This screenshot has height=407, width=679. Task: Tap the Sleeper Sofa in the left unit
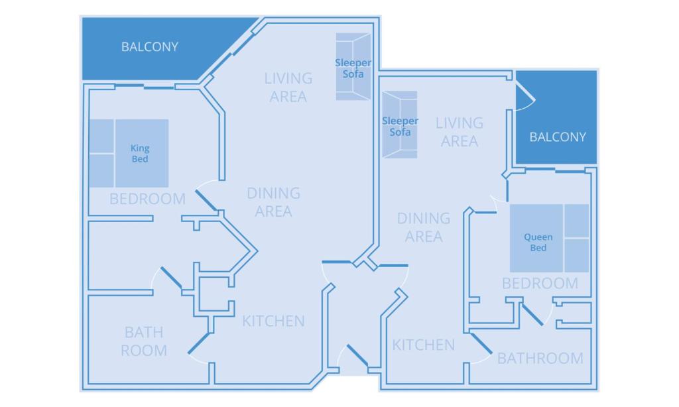pos(353,68)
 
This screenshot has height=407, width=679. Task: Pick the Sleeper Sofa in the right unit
pos(400,125)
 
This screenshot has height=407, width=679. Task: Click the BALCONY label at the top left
pos(150,47)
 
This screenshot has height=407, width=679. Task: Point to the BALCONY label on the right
pos(558,137)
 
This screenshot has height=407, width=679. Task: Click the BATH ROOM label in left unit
pos(143,341)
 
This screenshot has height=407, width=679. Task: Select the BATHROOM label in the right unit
pos(540,359)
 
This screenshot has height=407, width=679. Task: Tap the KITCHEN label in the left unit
pos(273,321)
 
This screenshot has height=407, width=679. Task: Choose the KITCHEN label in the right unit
pos(424,345)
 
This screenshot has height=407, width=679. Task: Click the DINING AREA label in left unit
pos(273,202)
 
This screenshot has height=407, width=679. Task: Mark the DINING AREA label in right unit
pos(424,227)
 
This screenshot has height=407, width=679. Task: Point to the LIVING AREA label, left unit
pos(288,87)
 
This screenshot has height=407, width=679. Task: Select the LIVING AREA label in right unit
pos(460,132)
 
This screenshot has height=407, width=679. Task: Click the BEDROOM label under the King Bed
pos(147,198)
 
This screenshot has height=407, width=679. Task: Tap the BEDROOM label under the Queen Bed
pos(540,284)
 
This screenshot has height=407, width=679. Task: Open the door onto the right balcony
pos(525,98)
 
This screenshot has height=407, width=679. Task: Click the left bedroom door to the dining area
pos(206,201)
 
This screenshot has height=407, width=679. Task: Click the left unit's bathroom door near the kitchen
pos(199,343)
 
